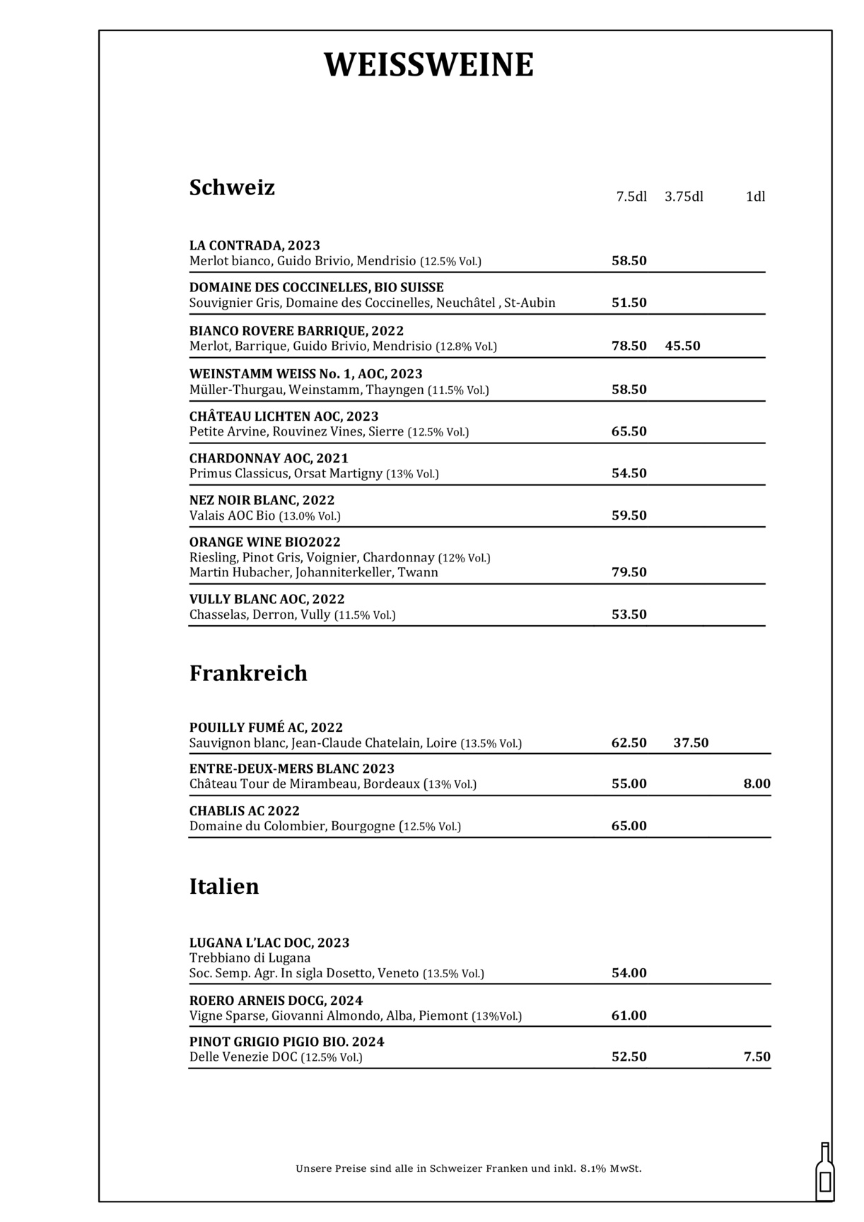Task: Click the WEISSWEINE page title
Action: [x=428, y=65]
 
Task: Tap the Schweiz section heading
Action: [x=232, y=188]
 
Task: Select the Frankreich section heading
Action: [x=248, y=673]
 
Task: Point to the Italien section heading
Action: [x=224, y=887]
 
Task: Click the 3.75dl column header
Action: [x=684, y=197]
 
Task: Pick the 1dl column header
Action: [x=755, y=197]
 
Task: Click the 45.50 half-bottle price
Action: [x=682, y=346]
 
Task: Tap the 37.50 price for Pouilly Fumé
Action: [x=691, y=743]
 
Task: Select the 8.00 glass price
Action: [x=757, y=784]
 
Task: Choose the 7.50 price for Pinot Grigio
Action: [x=757, y=1057]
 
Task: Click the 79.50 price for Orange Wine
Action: [x=629, y=572]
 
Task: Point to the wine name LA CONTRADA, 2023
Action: [x=255, y=245]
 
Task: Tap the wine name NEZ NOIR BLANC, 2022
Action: [x=262, y=500]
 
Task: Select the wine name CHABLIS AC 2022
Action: [x=245, y=810]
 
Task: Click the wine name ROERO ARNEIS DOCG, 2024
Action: [x=276, y=1000]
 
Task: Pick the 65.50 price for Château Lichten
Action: [x=629, y=431]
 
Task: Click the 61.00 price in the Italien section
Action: [x=629, y=1016]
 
